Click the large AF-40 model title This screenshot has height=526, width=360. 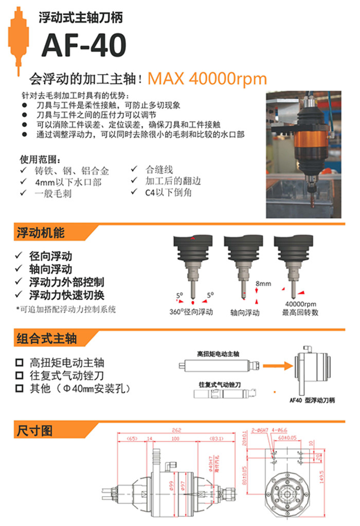(x=83, y=45)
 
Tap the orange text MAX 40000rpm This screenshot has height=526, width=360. (x=207, y=78)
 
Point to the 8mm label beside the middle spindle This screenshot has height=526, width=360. (x=263, y=284)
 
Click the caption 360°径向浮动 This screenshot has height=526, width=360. (x=191, y=312)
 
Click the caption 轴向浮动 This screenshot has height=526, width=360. (x=245, y=312)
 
